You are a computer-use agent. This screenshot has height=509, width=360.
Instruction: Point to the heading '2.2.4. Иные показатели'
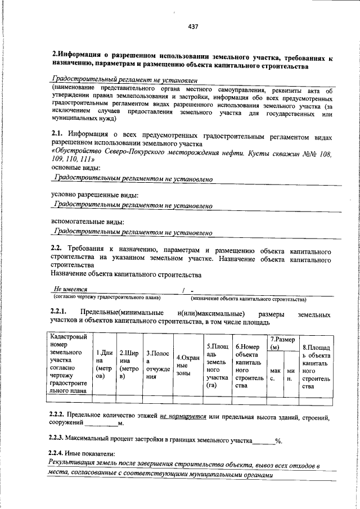coord(82,453)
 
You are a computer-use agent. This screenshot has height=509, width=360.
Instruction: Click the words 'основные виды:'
coord(76,168)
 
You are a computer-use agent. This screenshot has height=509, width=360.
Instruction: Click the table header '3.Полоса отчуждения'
coord(157,365)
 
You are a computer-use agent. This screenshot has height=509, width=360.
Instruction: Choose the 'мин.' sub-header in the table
coord(290,375)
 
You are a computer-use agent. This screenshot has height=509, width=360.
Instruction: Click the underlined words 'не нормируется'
coord(183,417)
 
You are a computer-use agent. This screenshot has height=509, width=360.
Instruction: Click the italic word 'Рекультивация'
coord(75,465)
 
